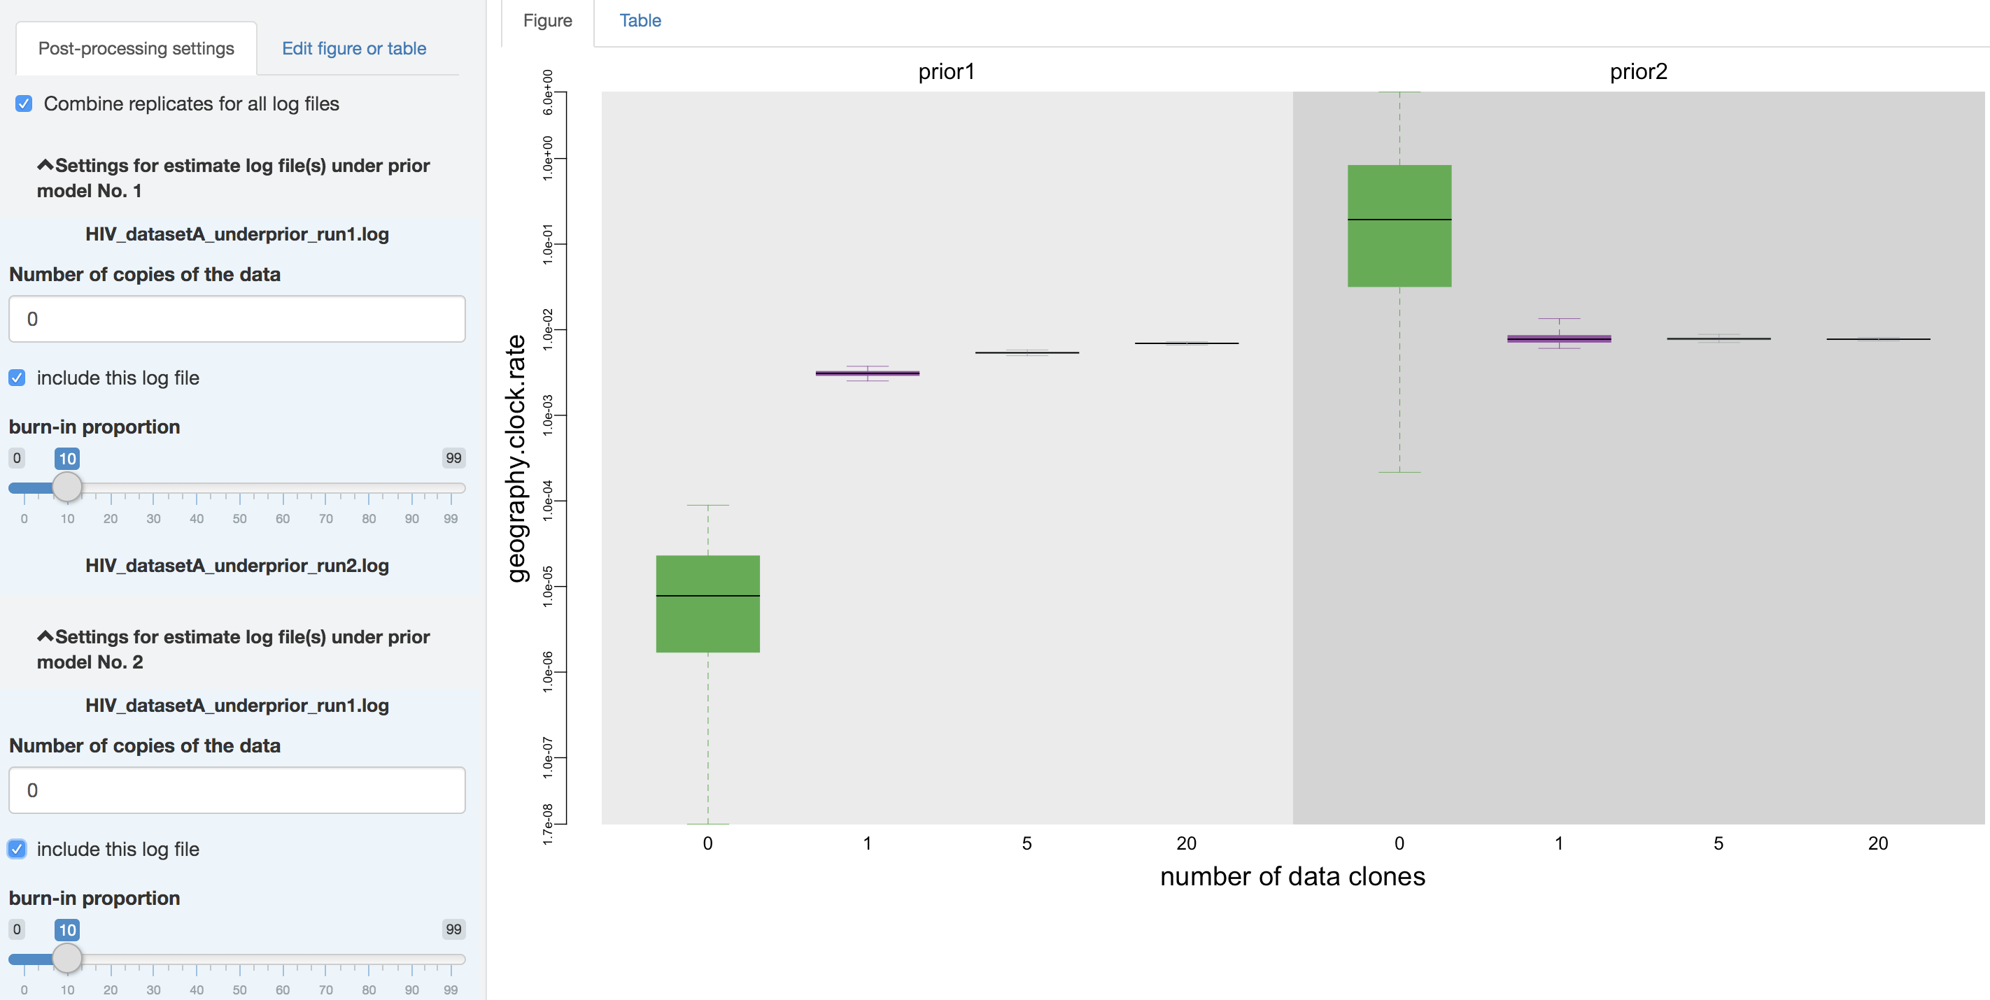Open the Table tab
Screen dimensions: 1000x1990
[640, 21]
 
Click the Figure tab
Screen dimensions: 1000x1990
[547, 21]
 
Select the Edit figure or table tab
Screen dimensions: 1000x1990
[354, 49]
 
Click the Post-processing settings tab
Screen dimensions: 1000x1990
[136, 49]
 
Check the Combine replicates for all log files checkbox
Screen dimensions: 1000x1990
[24, 103]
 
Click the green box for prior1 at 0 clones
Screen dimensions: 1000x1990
[707, 604]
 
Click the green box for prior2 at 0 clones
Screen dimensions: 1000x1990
[1399, 225]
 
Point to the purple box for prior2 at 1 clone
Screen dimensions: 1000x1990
[1559, 338]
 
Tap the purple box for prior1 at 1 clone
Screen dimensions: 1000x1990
[868, 373]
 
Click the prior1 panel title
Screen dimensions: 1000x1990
[946, 72]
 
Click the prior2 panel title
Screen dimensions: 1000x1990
[1639, 72]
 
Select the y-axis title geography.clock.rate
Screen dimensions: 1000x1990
[516, 458]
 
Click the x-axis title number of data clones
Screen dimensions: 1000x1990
[1292, 876]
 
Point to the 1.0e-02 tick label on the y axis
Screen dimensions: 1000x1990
[548, 330]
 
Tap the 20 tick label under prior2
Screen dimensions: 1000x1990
[1878, 843]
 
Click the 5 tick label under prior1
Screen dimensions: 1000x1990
[1026, 843]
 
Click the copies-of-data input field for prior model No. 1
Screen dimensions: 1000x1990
[237, 319]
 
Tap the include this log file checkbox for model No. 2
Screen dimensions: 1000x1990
[17, 849]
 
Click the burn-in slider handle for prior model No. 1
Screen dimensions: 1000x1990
[67, 487]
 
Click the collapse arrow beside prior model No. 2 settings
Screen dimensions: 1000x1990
[45, 636]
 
